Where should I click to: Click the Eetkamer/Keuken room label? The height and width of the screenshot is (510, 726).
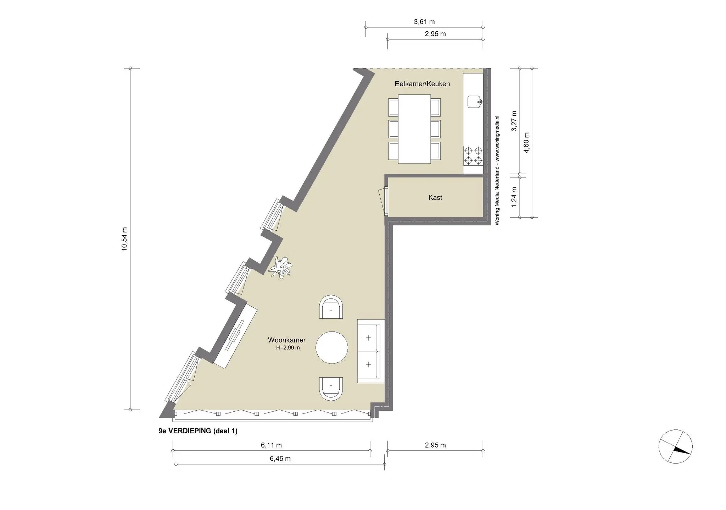pyautogui.click(x=422, y=84)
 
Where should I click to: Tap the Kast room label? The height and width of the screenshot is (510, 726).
pyautogui.click(x=435, y=197)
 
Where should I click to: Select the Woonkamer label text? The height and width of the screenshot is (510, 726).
pyautogui.click(x=286, y=340)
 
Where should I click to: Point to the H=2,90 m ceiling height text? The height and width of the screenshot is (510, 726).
pyautogui.click(x=288, y=348)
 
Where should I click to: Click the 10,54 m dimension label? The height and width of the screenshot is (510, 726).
pyautogui.click(x=124, y=239)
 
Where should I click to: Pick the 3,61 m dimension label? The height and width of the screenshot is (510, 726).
pyautogui.click(x=424, y=22)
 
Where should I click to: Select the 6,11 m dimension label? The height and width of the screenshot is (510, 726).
pyautogui.click(x=271, y=445)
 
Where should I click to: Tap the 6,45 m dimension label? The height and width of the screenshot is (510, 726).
pyautogui.click(x=280, y=459)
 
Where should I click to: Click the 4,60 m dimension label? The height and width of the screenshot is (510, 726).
pyautogui.click(x=526, y=143)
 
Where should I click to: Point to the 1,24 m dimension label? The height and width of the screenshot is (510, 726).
pyautogui.click(x=514, y=197)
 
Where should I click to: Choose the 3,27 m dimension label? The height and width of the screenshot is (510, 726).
pyautogui.click(x=514, y=121)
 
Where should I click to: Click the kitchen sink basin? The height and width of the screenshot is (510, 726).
pyautogui.click(x=474, y=102)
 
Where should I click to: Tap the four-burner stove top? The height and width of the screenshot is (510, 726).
pyautogui.click(x=473, y=155)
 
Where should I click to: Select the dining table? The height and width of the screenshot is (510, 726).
pyautogui.click(x=414, y=129)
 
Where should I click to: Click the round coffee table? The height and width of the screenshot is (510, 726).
pyautogui.click(x=332, y=347)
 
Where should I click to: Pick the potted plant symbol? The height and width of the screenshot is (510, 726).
pyautogui.click(x=280, y=267)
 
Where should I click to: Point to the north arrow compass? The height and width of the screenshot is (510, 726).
pyautogui.click(x=675, y=446)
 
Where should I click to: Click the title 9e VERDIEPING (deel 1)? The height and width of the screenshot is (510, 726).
pyautogui.click(x=198, y=431)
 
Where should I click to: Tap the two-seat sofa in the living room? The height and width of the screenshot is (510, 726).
pyautogui.click(x=371, y=351)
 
